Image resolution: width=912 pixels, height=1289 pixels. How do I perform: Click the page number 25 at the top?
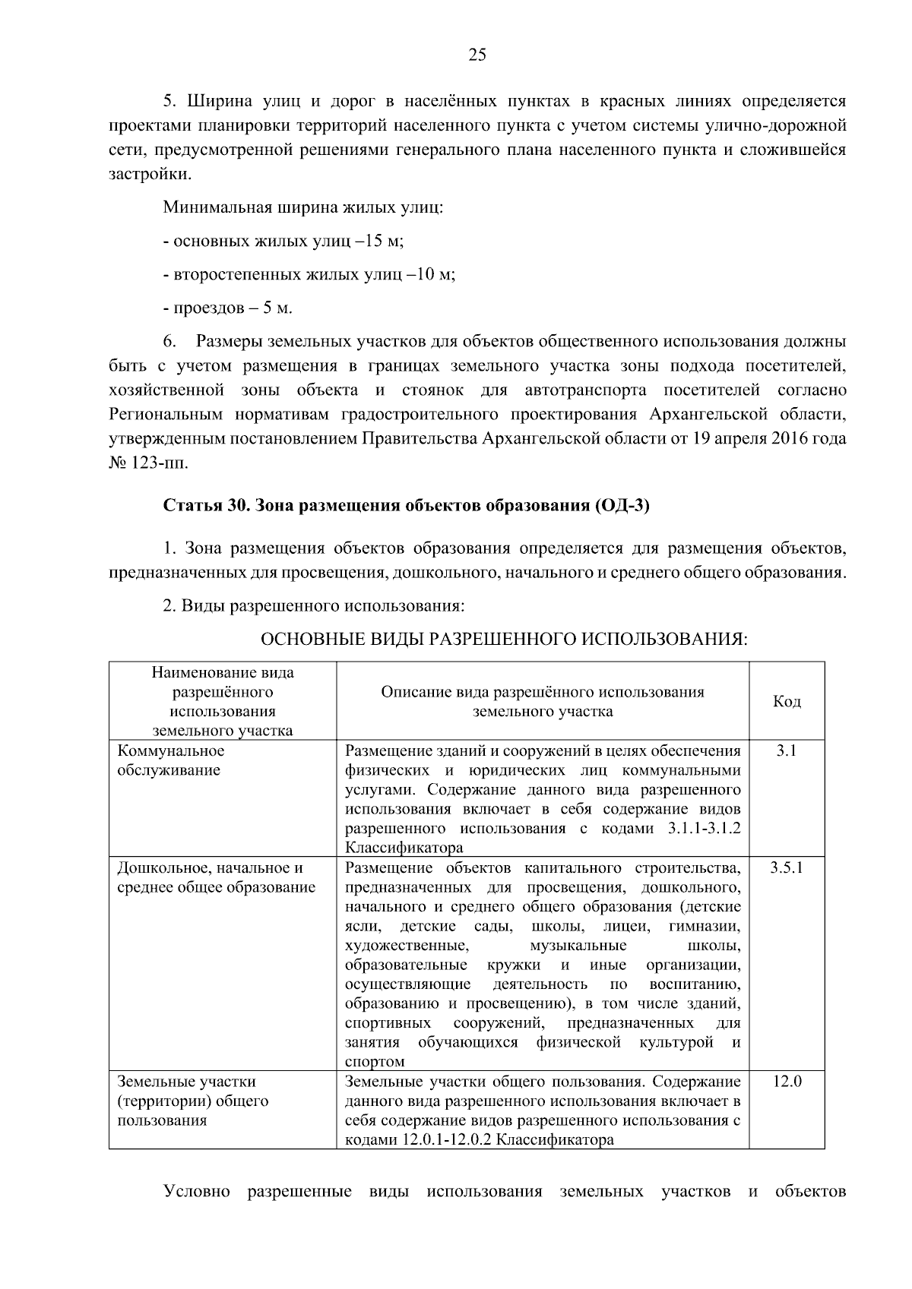pyautogui.click(x=477, y=54)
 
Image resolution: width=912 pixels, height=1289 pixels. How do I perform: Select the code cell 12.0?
pyautogui.click(x=787, y=1081)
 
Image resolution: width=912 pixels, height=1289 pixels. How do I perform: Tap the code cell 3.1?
pyautogui.click(x=786, y=751)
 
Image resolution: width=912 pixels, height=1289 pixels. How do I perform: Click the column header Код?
pyautogui.click(x=787, y=702)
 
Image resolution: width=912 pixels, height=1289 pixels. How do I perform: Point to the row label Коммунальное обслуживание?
pyautogui.click(x=170, y=760)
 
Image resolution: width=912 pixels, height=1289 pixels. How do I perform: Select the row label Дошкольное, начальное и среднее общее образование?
pyautogui.click(x=216, y=877)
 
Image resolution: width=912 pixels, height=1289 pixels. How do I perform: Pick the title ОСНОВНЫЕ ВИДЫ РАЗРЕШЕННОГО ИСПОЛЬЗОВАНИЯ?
pyautogui.click(x=504, y=640)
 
